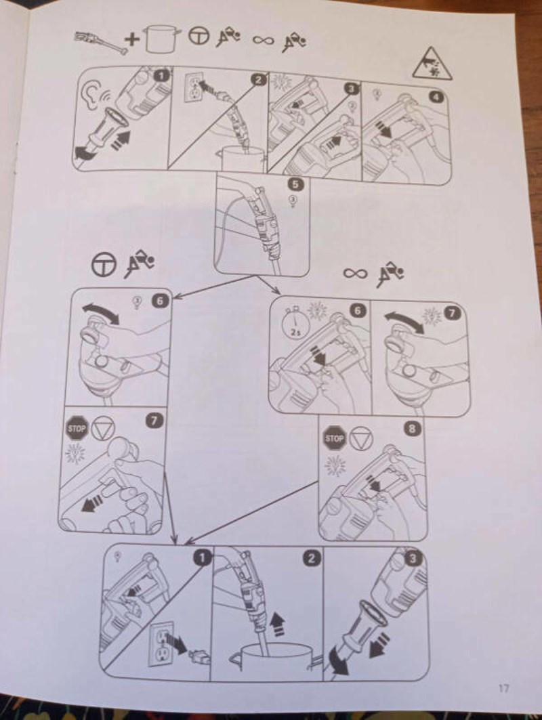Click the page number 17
(x=503, y=688)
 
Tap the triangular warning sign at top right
(x=431, y=64)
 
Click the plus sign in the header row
(x=132, y=39)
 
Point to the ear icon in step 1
(x=89, y=95)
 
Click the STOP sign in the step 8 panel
(x=335, y=438)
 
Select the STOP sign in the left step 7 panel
(x=77, y=428)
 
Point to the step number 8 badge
(x=412, y=429)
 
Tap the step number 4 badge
(x=436, y=97)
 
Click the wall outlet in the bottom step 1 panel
(x=161, y=644)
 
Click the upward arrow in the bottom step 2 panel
(x=277, y=625)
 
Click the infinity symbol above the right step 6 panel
(x=356, y=273)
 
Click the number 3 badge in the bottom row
(x=413, y=558)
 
